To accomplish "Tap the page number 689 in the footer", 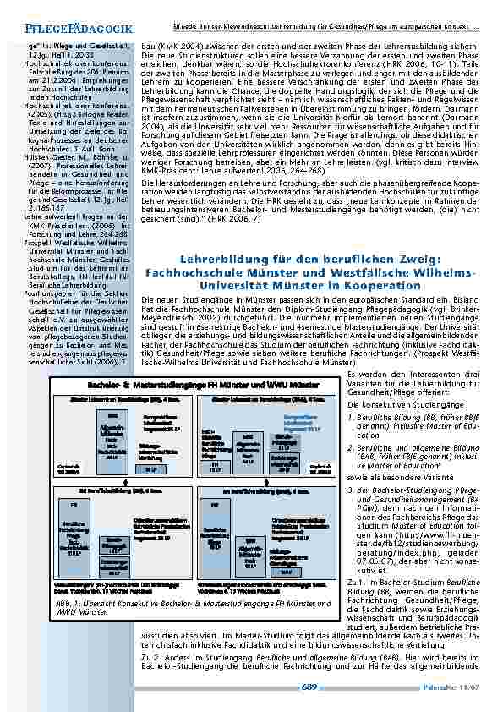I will click(x=310, y=687).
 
